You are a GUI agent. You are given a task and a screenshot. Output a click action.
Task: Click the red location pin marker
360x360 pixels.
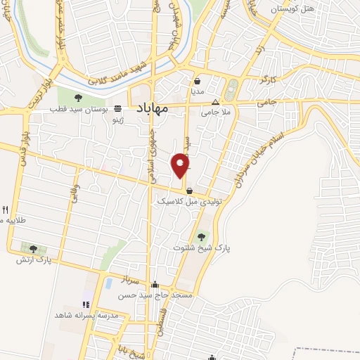coord(181,166)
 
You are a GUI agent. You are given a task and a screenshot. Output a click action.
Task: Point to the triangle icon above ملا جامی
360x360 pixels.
coord(215,101)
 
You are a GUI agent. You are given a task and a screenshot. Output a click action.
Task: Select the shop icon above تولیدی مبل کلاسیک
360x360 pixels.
coord(189,191)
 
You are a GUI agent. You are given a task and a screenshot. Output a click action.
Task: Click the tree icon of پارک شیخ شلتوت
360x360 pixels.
coord(202,236)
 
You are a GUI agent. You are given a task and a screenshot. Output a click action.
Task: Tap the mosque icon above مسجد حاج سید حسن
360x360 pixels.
coord(155,284)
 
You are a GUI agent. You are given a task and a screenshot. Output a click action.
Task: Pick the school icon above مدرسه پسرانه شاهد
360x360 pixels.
coord(85,304)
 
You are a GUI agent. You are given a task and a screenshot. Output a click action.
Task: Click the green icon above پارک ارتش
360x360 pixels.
coord(33,249)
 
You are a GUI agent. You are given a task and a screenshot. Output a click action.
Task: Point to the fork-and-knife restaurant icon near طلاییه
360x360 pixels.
coord(6,210)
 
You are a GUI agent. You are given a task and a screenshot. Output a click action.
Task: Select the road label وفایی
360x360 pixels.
coord(75,194)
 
